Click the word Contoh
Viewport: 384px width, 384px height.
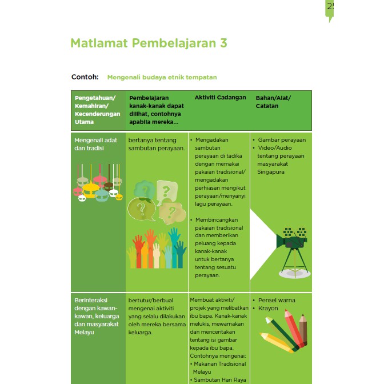click(85, 77)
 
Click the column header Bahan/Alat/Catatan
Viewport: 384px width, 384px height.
click(273, 102)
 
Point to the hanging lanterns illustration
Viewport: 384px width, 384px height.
click(99, 182)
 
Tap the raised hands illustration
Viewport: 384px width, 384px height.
click(156, 249)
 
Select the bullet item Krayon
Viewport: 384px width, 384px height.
click(268, 309)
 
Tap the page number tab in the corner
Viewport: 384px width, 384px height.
click(330, 8)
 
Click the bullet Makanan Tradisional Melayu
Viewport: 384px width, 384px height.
click(220, 367)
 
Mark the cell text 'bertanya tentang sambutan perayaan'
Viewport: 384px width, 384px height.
click(157, 143)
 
